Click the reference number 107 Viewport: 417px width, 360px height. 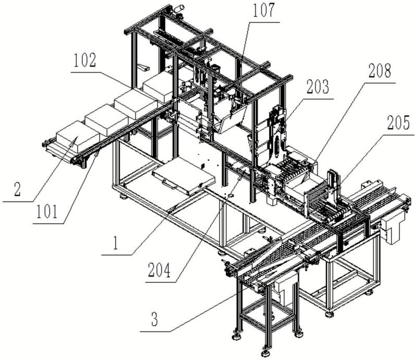click(263, 11)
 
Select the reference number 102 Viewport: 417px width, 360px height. click(84, 61)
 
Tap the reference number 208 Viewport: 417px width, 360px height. click(380, 71)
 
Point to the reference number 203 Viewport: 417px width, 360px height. click(317, 87)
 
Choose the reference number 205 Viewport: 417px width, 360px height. click(398, 123)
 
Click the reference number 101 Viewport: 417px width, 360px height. click(47, 212)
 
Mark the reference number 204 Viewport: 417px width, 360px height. click(159, 270)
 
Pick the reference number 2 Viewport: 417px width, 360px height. click(17, 189)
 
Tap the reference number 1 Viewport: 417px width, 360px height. click(115, 243)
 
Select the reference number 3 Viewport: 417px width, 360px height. click(154, 319)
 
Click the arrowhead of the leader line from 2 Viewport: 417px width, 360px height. click(76, 139)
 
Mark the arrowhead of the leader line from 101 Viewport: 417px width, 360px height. click(99, 152)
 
